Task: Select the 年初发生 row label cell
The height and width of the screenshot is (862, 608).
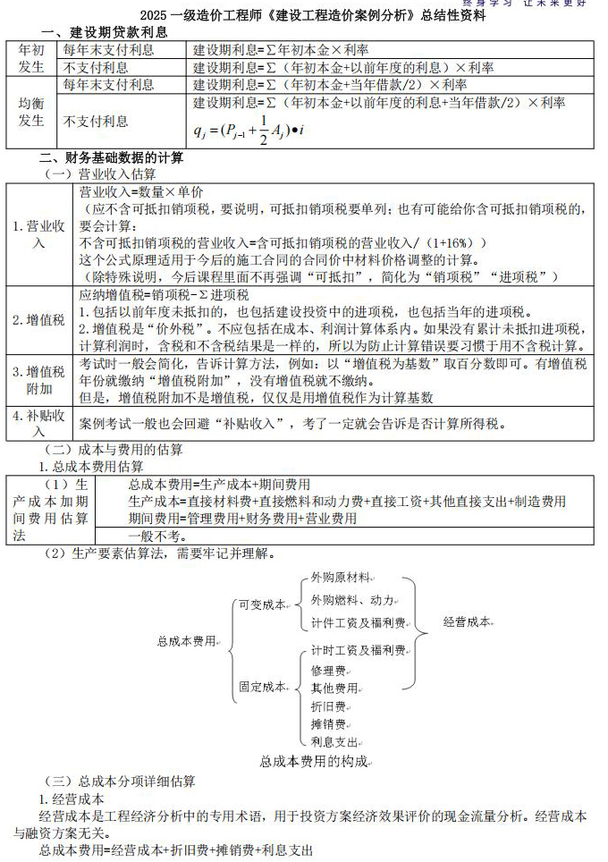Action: click(31, 58)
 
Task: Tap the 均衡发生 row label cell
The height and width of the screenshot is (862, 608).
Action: click(31, 112)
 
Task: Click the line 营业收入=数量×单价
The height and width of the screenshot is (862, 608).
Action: click(141, 191)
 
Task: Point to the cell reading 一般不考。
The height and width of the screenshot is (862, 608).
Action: click(157, 537)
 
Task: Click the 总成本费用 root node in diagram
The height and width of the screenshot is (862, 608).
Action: click(187, 641)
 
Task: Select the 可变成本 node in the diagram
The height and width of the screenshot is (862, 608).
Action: click(262, 605)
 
